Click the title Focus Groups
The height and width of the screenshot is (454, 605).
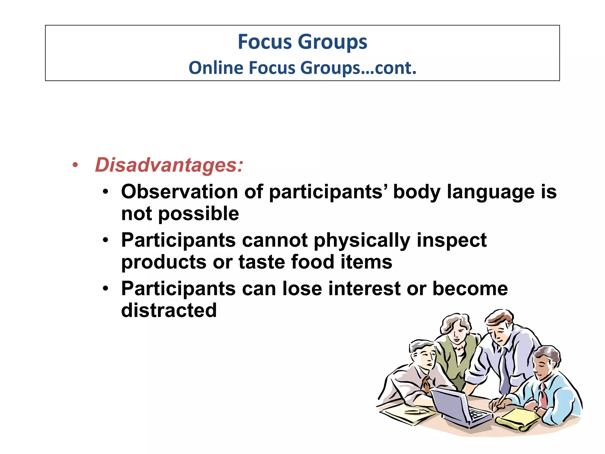click(x=302, y=42)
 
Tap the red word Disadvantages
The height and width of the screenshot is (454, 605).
click(x=168, y=165)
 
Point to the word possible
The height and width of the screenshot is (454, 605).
click(x=199, y=214)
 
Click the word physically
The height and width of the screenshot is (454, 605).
click(x=362, y=241)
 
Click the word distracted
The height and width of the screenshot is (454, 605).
click(x=169, y=310)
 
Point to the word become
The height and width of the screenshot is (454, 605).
click(x=470, y=289)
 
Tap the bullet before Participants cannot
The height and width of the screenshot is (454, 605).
click(x=105, y=240)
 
